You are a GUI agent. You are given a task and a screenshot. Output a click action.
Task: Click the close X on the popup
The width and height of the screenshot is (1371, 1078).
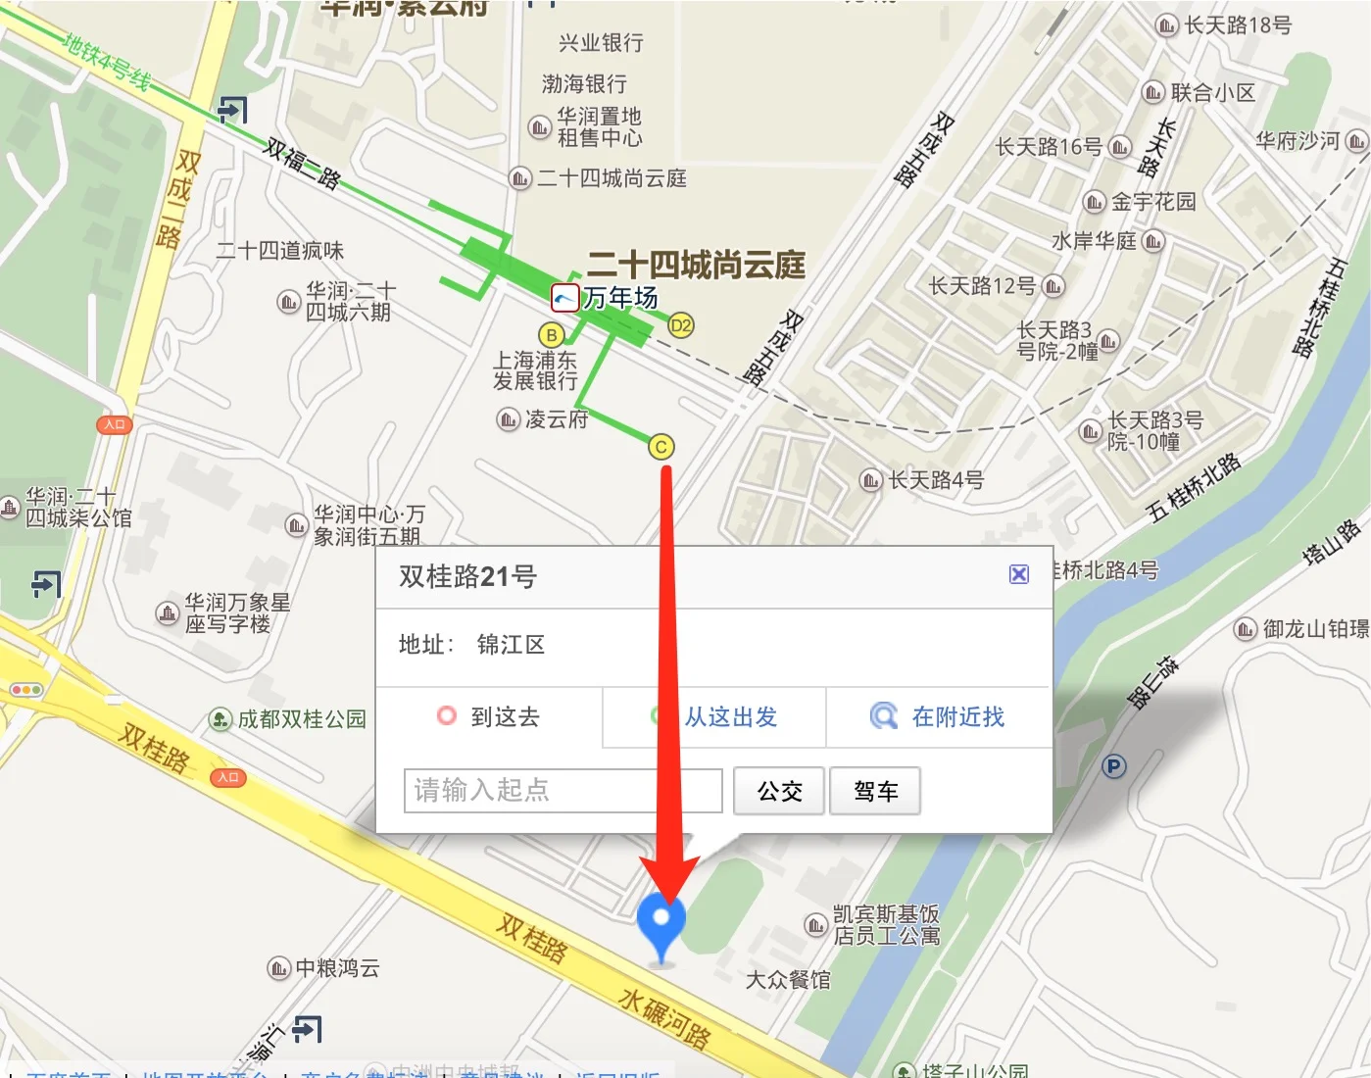click(x=1019, y=574)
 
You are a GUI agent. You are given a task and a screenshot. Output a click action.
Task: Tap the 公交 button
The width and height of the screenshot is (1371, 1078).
click(x=779, y=791)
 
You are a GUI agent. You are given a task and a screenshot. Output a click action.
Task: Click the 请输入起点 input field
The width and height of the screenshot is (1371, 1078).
click(x=563, y=790)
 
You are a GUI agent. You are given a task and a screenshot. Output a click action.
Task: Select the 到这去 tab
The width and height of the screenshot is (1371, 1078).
click(x=489, y=717)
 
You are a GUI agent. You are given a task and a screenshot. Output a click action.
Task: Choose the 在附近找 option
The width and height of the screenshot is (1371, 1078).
click(x=939, y=717)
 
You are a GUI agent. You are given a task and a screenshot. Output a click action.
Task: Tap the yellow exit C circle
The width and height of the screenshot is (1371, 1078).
click(x=661, y=447)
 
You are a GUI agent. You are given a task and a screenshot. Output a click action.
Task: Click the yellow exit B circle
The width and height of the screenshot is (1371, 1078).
click(x=552, y=334)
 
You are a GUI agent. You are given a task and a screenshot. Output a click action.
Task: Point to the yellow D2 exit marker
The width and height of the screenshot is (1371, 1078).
click(x=680, y=325)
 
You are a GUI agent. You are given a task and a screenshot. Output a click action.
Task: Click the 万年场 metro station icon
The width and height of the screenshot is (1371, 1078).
click(x=565, y=297)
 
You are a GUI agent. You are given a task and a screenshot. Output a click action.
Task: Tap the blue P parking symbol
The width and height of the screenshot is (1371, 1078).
click(x=1113, y=766)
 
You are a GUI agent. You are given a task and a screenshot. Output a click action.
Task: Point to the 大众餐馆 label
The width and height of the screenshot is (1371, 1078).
click(x=788, y=980)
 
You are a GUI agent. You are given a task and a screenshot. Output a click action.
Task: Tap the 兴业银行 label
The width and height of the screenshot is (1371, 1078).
click(x=601, y=43)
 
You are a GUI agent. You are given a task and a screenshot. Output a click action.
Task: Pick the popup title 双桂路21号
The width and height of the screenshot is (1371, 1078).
click(x=467, y=576)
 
